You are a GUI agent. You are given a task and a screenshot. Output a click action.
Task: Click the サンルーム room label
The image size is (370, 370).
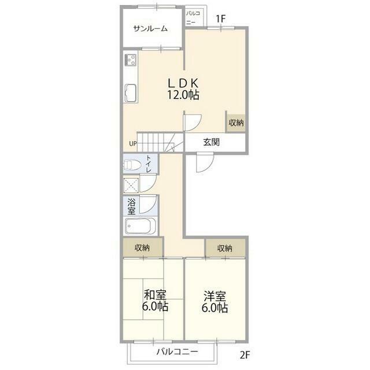click(150, 29)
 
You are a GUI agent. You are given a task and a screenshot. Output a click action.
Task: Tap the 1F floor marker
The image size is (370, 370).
click(221, 19)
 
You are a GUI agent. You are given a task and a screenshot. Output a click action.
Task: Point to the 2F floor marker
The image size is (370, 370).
click(245, 354)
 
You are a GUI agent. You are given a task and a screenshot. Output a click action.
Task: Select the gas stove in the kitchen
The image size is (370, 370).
click(131, 60)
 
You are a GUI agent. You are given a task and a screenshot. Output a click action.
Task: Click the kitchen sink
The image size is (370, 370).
click(130, 93)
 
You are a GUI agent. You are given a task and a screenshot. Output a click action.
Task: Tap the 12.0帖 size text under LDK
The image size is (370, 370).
click(183, 95)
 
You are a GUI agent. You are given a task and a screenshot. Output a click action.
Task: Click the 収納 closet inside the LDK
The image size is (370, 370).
click(236, 123)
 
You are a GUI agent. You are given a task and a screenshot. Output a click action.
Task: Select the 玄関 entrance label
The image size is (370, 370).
click(212, 142)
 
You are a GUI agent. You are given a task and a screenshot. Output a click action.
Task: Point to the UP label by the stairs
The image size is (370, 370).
click(133, 143)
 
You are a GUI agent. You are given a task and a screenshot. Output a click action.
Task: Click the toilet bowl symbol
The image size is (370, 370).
click(132, 164)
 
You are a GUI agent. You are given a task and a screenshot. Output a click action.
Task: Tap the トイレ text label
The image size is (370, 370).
click(149, 163)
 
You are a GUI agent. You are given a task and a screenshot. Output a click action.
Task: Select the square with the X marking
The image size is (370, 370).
click(131, 186)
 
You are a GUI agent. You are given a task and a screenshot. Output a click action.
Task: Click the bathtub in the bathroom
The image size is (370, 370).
click(140, 226)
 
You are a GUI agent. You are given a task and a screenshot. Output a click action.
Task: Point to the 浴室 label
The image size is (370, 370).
click(131, 206)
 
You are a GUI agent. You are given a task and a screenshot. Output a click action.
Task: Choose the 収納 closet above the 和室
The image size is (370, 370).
click(143, 247)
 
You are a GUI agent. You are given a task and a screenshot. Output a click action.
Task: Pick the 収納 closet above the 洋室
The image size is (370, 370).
click(225, 248)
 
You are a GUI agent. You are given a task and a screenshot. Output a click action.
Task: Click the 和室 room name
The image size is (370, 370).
click(155, 295)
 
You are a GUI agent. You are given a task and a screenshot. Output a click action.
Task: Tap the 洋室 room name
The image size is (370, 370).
click(214, 296)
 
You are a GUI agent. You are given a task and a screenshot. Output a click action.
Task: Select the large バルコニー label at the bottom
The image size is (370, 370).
click(177, 352)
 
